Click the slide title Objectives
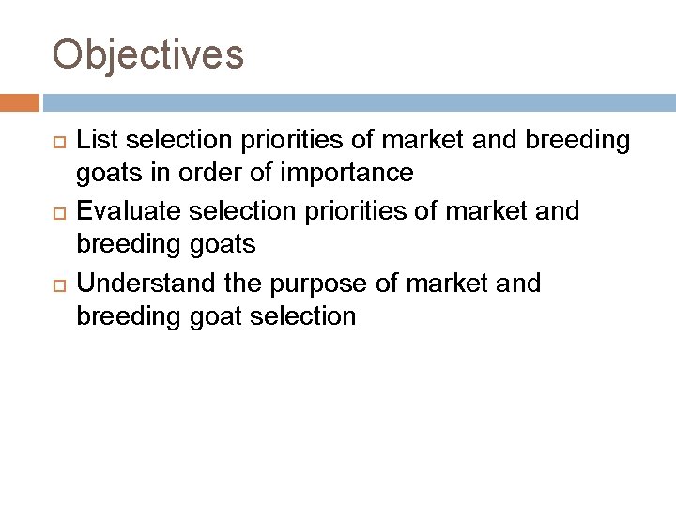click(148, 54)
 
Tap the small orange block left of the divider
click(20, 101)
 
